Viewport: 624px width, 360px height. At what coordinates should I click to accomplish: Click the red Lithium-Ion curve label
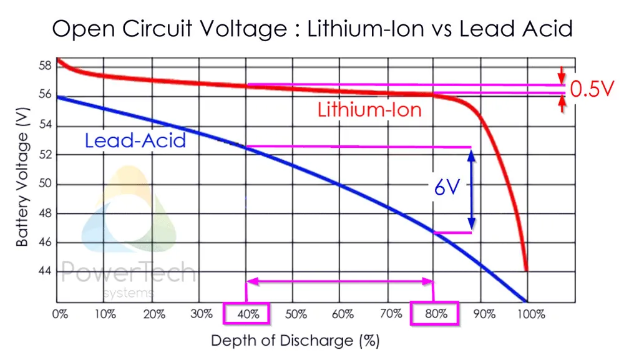click(369, 110)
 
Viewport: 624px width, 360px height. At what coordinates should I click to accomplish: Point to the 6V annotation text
click(447, 188)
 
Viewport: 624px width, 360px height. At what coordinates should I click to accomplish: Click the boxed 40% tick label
click(246, 313)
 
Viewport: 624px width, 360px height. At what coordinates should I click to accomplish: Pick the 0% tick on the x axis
click(59, 314)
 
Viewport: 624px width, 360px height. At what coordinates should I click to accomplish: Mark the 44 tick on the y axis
click(43, 271)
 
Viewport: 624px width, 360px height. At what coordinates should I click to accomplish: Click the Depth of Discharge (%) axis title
click(295, 341)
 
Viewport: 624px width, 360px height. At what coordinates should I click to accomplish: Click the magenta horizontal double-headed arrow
click(340, 282)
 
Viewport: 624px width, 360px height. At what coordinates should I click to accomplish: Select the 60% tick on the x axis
click(341, 314)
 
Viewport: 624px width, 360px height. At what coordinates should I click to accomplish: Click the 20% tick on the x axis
click(153, 314)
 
